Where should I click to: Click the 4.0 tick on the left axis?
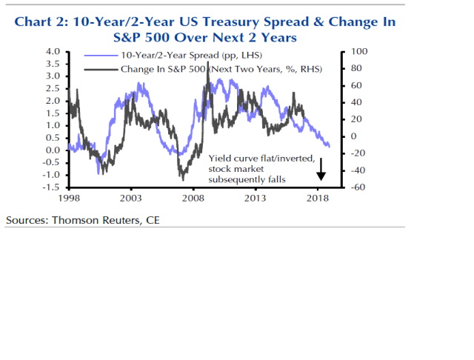pyautogui.click(x=53, y=52)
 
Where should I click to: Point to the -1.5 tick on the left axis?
pyautogui.click(x=51, y=187)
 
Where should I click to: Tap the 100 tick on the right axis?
pyautogui.click(x=360, y=52)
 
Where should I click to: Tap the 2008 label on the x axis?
pyautogui.click(x=193, y=199)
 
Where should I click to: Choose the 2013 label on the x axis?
pyautogui.click(x=256, y=199)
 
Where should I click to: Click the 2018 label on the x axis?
pyautogui.click(x=318, y=199)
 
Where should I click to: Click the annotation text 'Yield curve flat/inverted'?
pyautogui.click(x=261, y=158)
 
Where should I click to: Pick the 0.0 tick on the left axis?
pyautogui.click(x=53, y=150)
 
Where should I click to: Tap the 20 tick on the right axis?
pyautogui.click(x=356, y=119)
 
